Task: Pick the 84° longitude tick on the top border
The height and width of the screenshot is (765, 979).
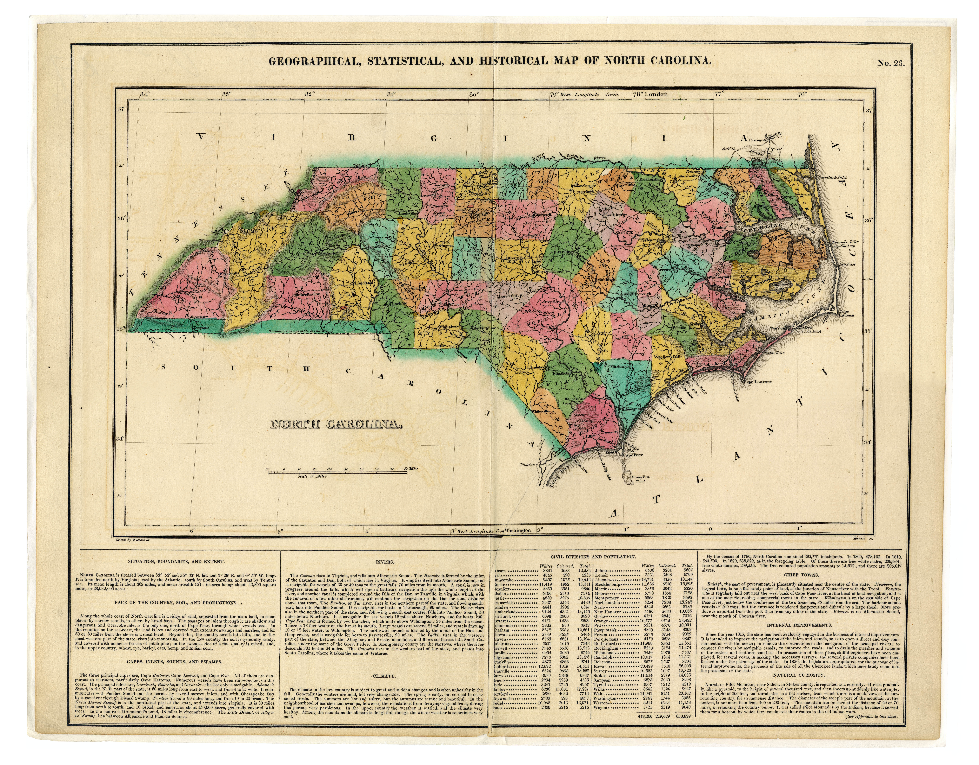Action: [x=144, y=94]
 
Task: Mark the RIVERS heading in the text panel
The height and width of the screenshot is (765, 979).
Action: [x=386, y=562]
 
